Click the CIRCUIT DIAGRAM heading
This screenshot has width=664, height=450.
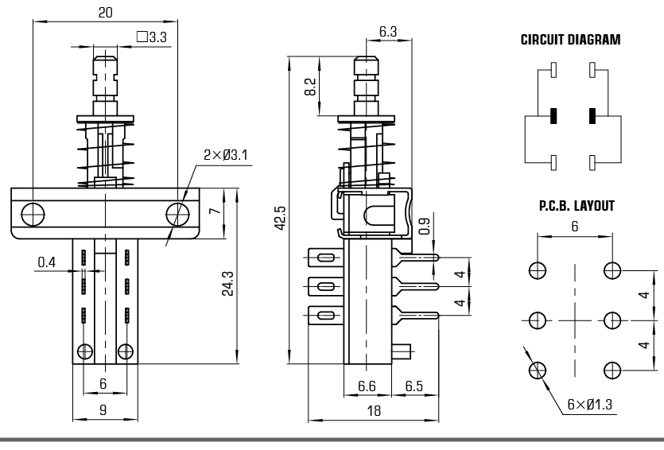tap(570, 40)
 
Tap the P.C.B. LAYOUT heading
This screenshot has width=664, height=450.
tap(577, 206)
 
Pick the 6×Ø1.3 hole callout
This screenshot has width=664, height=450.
tap(589, 404)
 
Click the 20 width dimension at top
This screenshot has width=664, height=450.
tap(105, 12)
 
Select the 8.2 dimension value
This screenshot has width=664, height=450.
tap(310, 86)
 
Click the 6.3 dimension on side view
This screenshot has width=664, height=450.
tap(388, 32)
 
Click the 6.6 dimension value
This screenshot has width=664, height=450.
tap(367, 386)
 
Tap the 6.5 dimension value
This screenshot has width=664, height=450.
tap(414, 386)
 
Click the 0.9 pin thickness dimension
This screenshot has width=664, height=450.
tap(424, 227)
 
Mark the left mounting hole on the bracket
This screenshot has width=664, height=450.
tap(33, 213)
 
